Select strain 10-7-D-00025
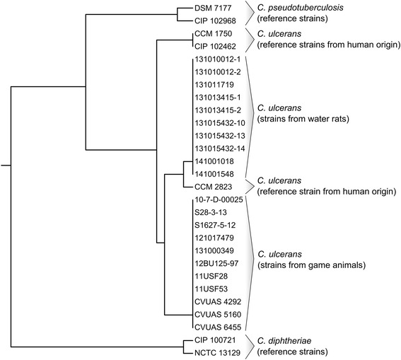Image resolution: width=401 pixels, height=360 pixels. click(219, 199)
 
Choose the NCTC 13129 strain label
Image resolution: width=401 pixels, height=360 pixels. click(216, 352)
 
